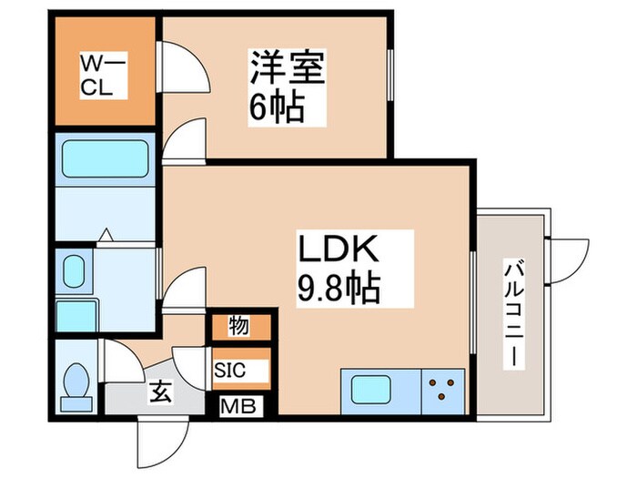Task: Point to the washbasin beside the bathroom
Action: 74,270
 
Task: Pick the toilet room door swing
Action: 122,361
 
